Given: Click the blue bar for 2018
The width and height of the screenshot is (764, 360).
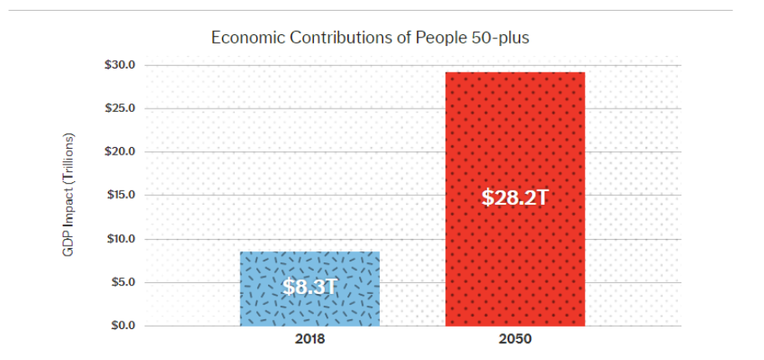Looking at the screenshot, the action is point(310,289).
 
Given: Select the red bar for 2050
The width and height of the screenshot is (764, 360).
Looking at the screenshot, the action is point(515,200).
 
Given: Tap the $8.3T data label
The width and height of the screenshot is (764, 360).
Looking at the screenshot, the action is point(310,286).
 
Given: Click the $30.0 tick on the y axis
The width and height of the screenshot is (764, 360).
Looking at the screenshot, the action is point(120,65).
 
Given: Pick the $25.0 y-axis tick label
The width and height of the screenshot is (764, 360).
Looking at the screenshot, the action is point(120,108).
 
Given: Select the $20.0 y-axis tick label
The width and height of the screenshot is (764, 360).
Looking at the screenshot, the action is point(120,151).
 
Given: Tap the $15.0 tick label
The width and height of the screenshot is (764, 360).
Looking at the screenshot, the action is point(120,195).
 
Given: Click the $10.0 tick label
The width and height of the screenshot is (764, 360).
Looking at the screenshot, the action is point(120,239).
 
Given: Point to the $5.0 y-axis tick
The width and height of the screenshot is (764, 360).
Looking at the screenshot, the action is point(122,282).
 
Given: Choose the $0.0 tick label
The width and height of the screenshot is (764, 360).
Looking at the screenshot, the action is point(122,326).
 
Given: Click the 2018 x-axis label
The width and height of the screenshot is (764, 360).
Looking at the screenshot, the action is point(310,338).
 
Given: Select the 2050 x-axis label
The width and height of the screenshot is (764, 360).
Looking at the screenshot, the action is point(515,338).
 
